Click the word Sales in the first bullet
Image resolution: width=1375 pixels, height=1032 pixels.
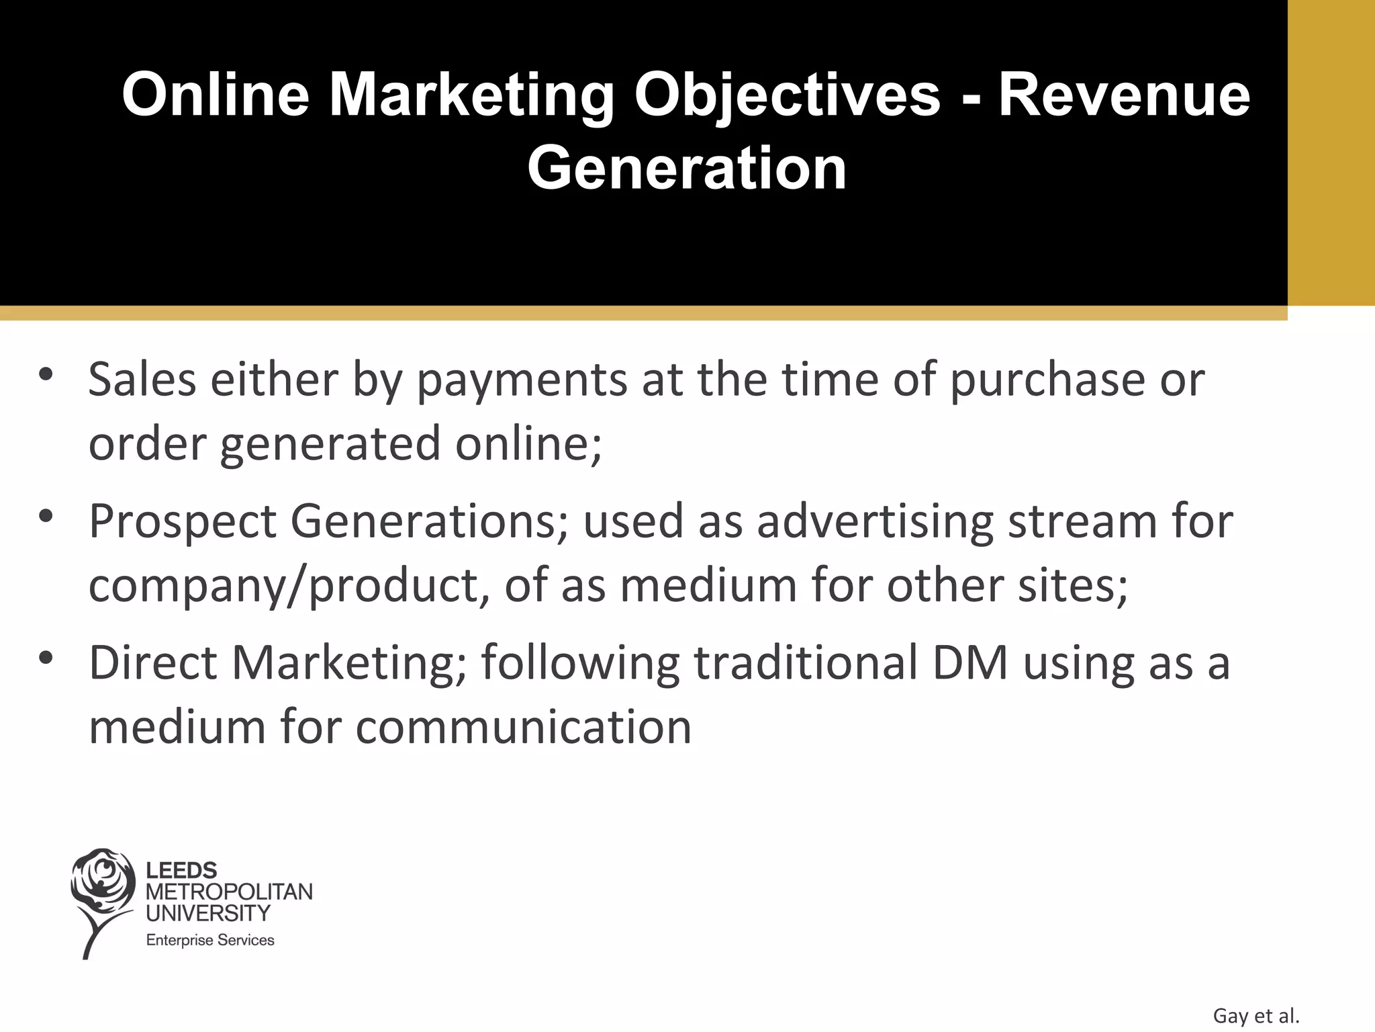[x=142, y=380]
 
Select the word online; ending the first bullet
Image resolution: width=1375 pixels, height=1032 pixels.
[x=528, y=444]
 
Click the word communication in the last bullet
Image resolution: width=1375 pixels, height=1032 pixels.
[x=523, y=728]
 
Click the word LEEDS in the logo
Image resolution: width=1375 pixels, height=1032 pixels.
[x=181, y=871]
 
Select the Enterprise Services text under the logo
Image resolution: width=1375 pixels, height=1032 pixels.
[x=210, y=941]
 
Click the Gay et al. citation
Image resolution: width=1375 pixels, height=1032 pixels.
[x=1255, y=1016]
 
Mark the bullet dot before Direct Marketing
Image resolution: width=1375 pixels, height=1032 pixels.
[x=46, y=658]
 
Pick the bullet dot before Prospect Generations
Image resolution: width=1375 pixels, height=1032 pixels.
[x=46, y=517]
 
